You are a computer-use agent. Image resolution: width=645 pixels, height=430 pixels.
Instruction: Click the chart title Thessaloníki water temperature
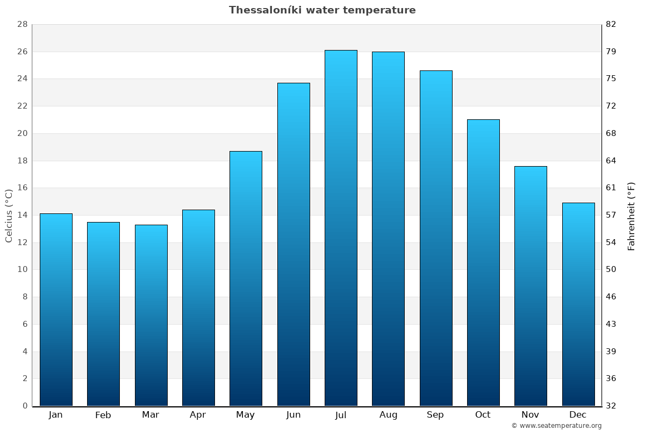coord(322,10)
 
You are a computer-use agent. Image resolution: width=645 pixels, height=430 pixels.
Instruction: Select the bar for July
coord(341,228)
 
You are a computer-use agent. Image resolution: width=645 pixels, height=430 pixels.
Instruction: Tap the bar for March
coord(151,315)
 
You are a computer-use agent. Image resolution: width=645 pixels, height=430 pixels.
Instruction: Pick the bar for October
coord(483,262)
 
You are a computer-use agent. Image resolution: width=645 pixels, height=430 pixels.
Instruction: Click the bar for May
coord(246,278)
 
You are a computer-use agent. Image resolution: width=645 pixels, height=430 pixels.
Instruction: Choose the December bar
coord(578,304)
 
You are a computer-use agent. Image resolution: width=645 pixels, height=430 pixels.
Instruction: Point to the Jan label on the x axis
coord(56,415)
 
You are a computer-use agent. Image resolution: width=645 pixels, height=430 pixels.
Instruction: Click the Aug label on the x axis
coord(388,415)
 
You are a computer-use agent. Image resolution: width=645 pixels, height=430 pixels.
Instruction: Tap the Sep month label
coord(435,415)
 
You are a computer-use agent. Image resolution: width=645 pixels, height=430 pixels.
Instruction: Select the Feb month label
coord(103,415)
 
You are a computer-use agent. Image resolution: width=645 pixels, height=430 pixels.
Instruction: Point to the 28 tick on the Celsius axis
coord(22,25)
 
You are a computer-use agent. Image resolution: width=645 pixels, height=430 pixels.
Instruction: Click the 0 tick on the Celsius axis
coord(25,406)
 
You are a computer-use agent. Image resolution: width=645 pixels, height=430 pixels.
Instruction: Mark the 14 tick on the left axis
coord(22,215)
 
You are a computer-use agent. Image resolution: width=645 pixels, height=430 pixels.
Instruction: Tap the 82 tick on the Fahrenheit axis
coord(611,25)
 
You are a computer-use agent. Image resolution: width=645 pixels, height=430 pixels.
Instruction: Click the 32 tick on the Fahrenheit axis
coord(611,406)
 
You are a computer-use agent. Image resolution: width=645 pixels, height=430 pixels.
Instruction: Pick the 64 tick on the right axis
coord(611,161)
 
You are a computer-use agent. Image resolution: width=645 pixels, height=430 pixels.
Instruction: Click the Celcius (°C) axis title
coord(9,215)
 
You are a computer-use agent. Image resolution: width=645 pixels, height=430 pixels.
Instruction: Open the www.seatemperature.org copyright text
coord(556,426)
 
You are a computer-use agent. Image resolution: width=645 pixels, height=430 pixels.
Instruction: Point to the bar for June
coord(293,244)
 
